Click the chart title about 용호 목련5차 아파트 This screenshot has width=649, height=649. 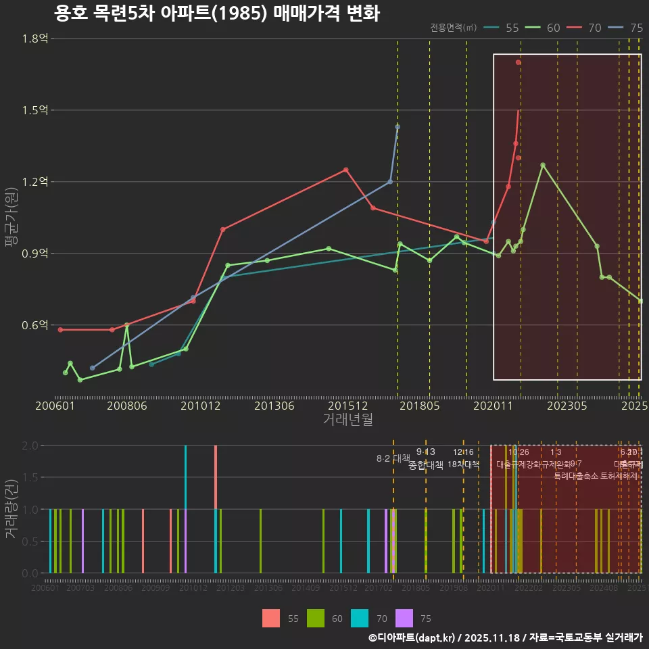tap(217, 13)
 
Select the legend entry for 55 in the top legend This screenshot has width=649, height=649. tap(504, 28)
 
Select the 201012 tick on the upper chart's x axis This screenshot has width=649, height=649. tap(200, 406)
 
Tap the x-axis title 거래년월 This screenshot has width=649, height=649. tap(347, 420)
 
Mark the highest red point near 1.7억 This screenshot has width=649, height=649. tap(518, 62)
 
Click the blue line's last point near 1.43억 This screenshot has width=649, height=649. tap(398, 126)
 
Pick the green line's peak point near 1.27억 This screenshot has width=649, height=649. tap(542, 165)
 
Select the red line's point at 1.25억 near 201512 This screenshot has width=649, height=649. tap(345, 170)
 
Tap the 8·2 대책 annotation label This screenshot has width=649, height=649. tap(393, 458)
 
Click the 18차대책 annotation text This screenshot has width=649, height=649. tap(463, 464)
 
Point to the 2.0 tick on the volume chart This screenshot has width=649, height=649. tap(30, 446)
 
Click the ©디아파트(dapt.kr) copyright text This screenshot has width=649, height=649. tap(412, 638)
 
